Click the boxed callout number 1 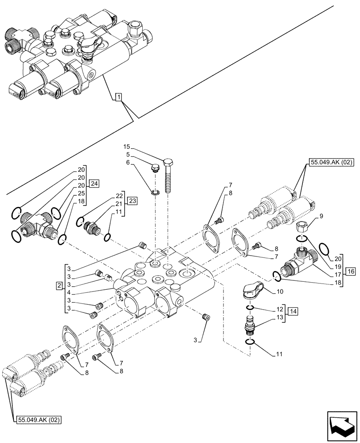point(118,97)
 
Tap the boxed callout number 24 point(93,183)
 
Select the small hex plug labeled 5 point(154,169)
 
